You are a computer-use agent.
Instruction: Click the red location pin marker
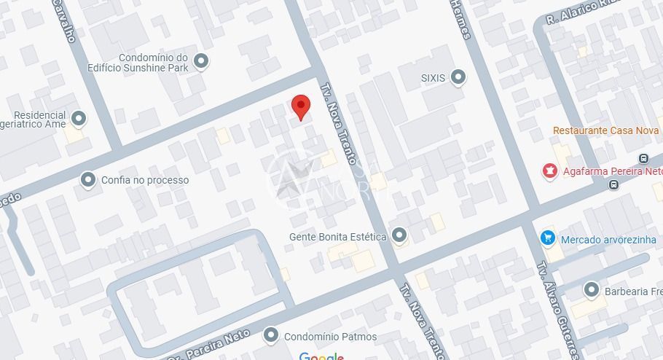pos(300,106)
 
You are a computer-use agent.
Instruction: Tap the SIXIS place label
pos(433,77)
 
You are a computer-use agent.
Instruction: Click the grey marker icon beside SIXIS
pos(458,77)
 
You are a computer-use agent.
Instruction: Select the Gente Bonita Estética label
pos(337,236)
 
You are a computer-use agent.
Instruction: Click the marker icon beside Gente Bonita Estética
pos(399,235)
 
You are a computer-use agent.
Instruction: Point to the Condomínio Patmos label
pos(330,337)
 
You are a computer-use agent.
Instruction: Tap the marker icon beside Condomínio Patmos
pos(271,335)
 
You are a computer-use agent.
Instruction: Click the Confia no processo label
pos(144,180)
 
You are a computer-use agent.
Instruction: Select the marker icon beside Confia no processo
pos(88,179)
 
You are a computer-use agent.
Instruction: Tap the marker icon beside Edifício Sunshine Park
pos(202,62)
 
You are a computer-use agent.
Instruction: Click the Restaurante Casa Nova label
pos(606,130)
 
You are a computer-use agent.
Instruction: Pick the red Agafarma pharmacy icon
pos(549,172)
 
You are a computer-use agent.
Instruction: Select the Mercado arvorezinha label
pos(608,240)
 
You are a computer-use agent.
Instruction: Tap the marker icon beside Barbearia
pos(591,290)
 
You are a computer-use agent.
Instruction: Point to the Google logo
pos(321,356)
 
